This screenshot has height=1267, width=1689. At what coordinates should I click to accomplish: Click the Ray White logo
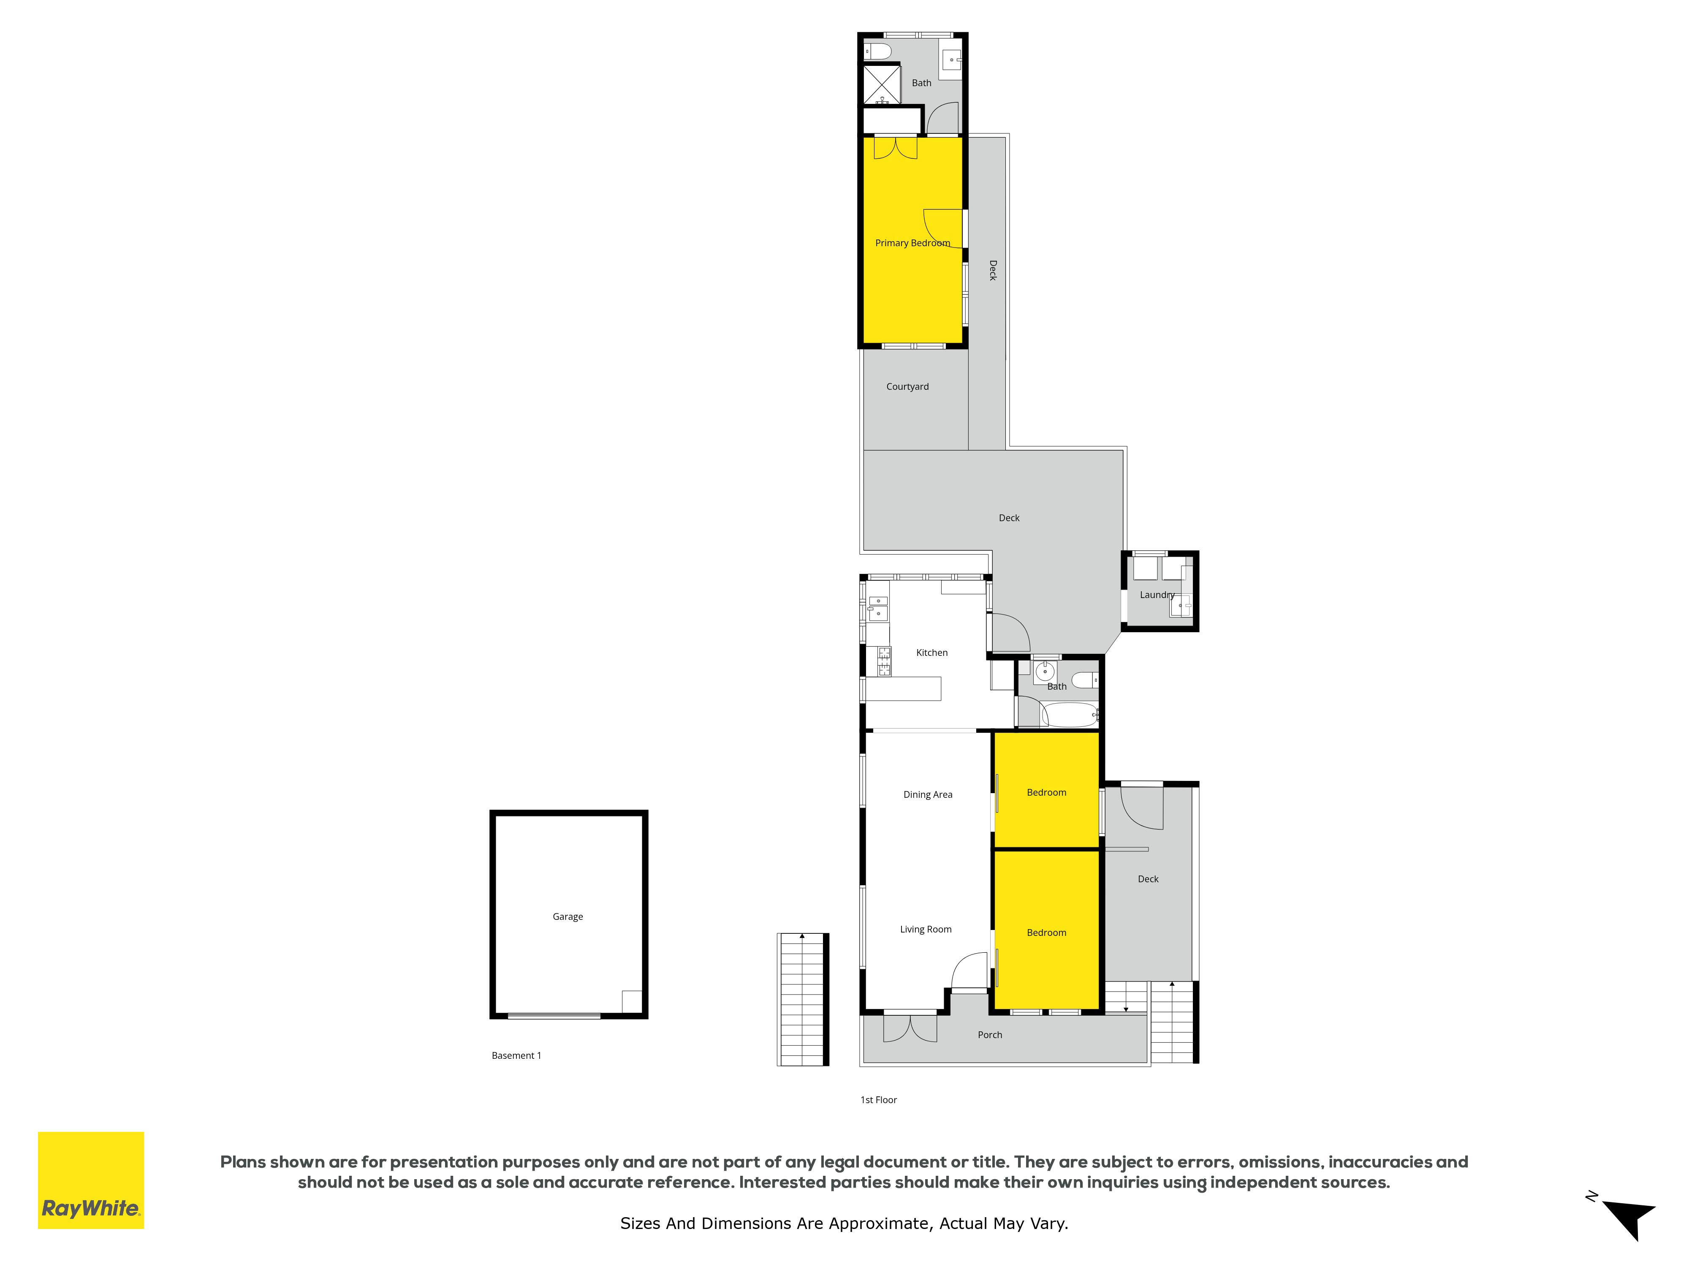[x=91, y=1180]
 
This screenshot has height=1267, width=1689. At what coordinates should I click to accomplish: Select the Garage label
[x=568, y=916]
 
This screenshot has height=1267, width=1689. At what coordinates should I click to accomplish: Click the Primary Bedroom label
[x=912, y=243]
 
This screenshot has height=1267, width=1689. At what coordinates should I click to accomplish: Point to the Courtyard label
[x=907, y=386]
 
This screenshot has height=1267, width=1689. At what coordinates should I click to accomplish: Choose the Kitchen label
[x=931, y=652]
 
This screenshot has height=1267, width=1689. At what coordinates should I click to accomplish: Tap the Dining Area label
[x=928, y=794]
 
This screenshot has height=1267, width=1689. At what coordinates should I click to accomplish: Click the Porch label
[x=990, y=1035]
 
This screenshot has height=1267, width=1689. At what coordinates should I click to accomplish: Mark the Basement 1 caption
[x=516, y=1055]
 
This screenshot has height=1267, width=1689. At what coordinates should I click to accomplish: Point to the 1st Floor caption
[x=878, y=1100]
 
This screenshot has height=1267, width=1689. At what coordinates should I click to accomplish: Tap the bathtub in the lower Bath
[x=1069, y=715]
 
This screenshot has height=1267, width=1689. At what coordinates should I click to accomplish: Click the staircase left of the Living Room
[x=803, y=999]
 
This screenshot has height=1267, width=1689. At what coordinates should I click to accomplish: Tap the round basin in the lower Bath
[x=1045, y=672]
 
